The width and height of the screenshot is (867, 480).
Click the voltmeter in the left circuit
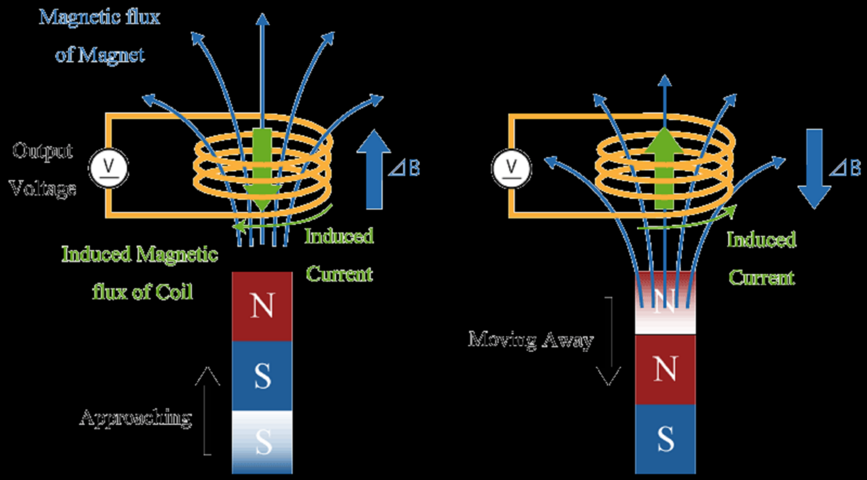coord(109,168)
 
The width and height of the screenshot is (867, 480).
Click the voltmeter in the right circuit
coord(511,168)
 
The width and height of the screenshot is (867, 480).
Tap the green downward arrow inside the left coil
coord(262,169)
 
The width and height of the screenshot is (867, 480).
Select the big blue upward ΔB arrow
coord(374,169)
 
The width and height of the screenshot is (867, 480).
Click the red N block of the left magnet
coord(262,306)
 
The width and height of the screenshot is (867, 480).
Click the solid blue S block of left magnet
coord(262,376)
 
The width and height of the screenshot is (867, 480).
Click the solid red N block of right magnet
coord(665,369)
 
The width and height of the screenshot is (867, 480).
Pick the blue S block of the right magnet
coord(665,439)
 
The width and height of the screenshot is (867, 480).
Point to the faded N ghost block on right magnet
coord(665,305)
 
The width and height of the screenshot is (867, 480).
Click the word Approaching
coord(136,418)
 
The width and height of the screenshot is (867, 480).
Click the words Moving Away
coord(531,340)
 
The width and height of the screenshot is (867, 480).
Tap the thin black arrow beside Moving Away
coord(608,342)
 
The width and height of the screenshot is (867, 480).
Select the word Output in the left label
coord(43,151)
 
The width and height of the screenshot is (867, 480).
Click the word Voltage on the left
coord(43,188)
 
